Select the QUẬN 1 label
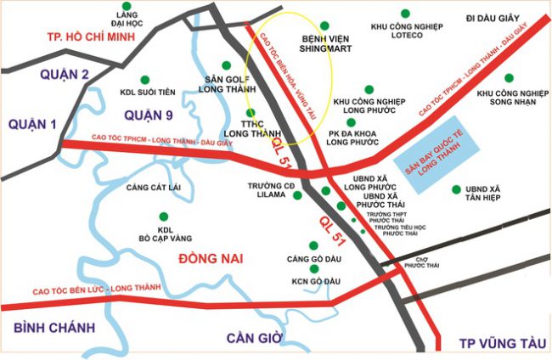(32, 124)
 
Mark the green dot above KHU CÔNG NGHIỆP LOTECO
(407, 13)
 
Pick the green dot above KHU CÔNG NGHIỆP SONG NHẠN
(510, 76)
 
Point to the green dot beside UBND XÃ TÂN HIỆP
(459, 189)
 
